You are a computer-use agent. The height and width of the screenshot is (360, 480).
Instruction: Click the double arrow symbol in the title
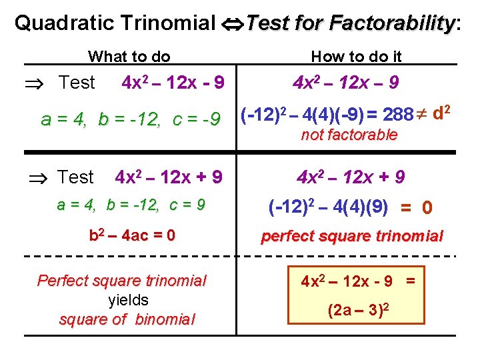231,24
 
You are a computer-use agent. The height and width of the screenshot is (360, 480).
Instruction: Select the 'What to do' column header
129,57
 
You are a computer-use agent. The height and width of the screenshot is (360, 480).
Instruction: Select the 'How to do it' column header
357,57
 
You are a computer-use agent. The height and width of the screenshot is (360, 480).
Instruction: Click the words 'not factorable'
349,135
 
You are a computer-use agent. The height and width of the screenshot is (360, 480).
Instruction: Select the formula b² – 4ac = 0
132,235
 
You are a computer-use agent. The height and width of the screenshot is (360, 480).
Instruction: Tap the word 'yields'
127,300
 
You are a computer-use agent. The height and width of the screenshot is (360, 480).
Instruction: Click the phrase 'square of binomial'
127,319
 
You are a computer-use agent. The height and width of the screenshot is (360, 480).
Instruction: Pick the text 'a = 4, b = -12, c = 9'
131,205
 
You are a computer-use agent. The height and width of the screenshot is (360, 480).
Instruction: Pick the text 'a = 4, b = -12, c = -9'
131,119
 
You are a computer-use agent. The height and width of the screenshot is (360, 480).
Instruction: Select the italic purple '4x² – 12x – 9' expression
346,83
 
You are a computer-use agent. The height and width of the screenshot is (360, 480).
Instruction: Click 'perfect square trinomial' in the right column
352,236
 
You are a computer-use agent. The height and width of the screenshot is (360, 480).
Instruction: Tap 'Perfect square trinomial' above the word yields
122,281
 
